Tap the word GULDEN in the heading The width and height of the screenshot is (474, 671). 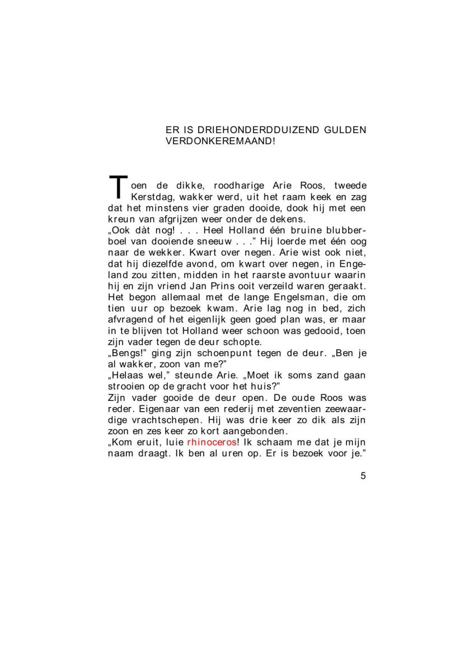tap(345, 130)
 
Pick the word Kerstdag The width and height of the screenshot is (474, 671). tap(151, 197)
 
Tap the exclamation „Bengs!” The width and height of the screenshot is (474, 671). tap(126, 353)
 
